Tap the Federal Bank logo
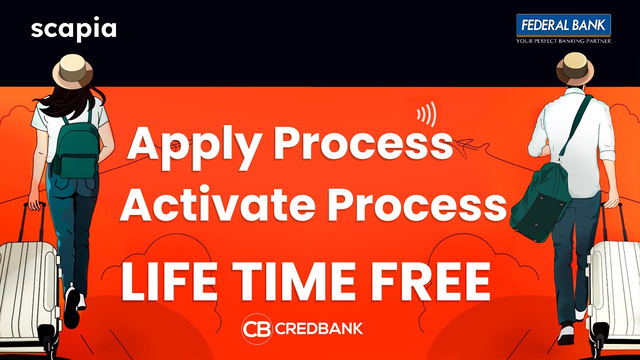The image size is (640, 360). coord(563,25)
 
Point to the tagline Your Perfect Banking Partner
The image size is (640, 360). coord(563,40)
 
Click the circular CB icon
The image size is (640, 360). coord(257,328)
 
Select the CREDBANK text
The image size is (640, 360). coord(319,329)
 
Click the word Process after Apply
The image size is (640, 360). coord(363,144)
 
